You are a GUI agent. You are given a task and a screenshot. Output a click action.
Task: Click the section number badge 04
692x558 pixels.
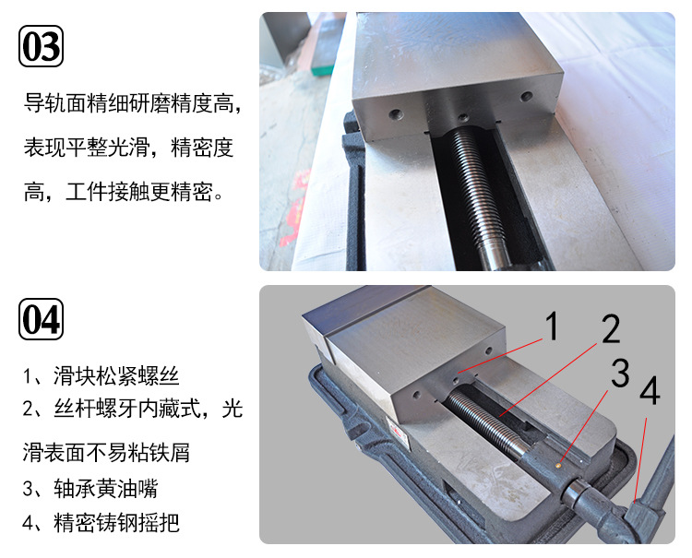point(42,319)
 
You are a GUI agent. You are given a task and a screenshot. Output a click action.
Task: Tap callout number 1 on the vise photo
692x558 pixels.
point(551,326)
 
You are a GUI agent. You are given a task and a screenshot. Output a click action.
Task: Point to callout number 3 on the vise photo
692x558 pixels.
point(620,374)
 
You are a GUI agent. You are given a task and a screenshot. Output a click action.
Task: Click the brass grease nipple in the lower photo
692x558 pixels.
point(560,464)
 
